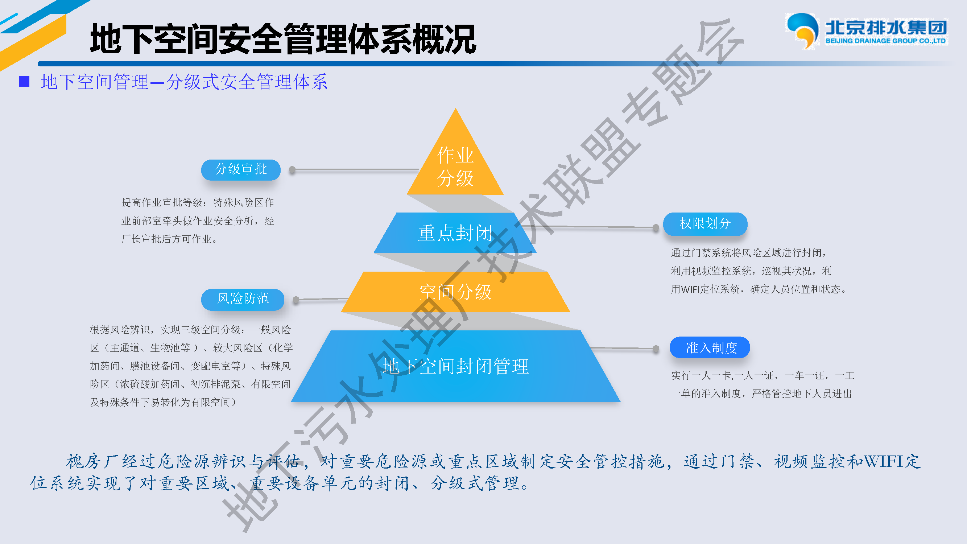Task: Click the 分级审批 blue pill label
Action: (241, 170)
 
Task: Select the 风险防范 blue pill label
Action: (243, 299)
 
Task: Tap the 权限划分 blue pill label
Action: (705, 224)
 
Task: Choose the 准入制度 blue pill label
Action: (710, 347)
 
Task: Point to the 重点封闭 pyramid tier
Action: (455, 233)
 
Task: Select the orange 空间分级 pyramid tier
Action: (455, 292)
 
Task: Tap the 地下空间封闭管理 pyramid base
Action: (455, 366)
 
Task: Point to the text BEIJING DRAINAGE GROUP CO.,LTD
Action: (885, 41)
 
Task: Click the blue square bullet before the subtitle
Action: (24, 82)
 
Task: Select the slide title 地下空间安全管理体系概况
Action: (283, 39)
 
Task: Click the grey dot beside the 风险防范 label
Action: (296, 300)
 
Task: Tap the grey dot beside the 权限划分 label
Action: (656, 227)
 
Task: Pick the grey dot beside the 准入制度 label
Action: (656, 349)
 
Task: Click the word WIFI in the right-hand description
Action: (690, 289)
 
